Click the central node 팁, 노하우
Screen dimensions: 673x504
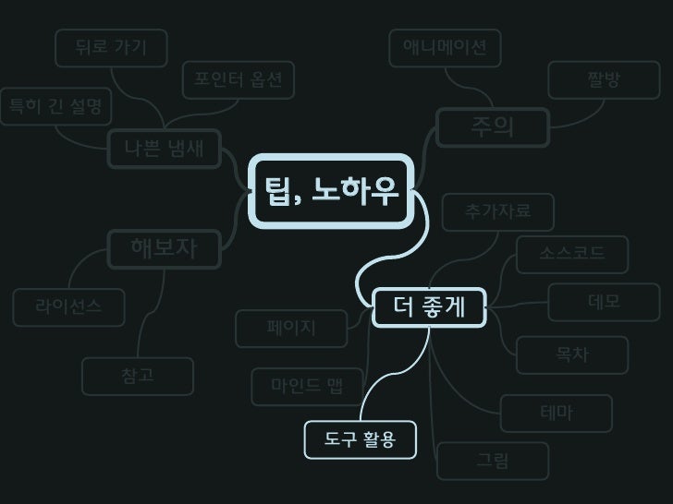(x=332, y=192)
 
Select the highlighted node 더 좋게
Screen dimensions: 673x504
(x=429, y=306)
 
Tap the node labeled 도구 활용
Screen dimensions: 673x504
(x=360, y=439)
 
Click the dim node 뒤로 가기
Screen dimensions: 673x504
(x=111, y=48)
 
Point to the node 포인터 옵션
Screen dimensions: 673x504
(x=238, y=80)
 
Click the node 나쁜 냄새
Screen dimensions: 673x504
(x=165, y=147)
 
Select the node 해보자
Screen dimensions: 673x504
(x=165, y=246)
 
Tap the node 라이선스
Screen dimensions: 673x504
(x=68, y=306)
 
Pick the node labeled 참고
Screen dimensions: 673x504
(x=138, y=375)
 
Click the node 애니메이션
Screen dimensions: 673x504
(x=445, y=47)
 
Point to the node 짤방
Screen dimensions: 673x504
(x=604, y=80)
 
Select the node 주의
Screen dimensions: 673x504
(x=492, y=127)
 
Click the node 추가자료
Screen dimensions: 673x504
(x=498, y=212)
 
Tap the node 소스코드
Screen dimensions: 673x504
(x=572, y=253)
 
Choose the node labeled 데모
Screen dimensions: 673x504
(x=604, y=302)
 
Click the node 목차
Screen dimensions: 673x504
(x=572, y=354)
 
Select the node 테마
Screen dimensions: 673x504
(x=556, y=413)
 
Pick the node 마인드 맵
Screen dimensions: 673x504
(x=306, y=386)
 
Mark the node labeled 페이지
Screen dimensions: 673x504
(x=291, y=327)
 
